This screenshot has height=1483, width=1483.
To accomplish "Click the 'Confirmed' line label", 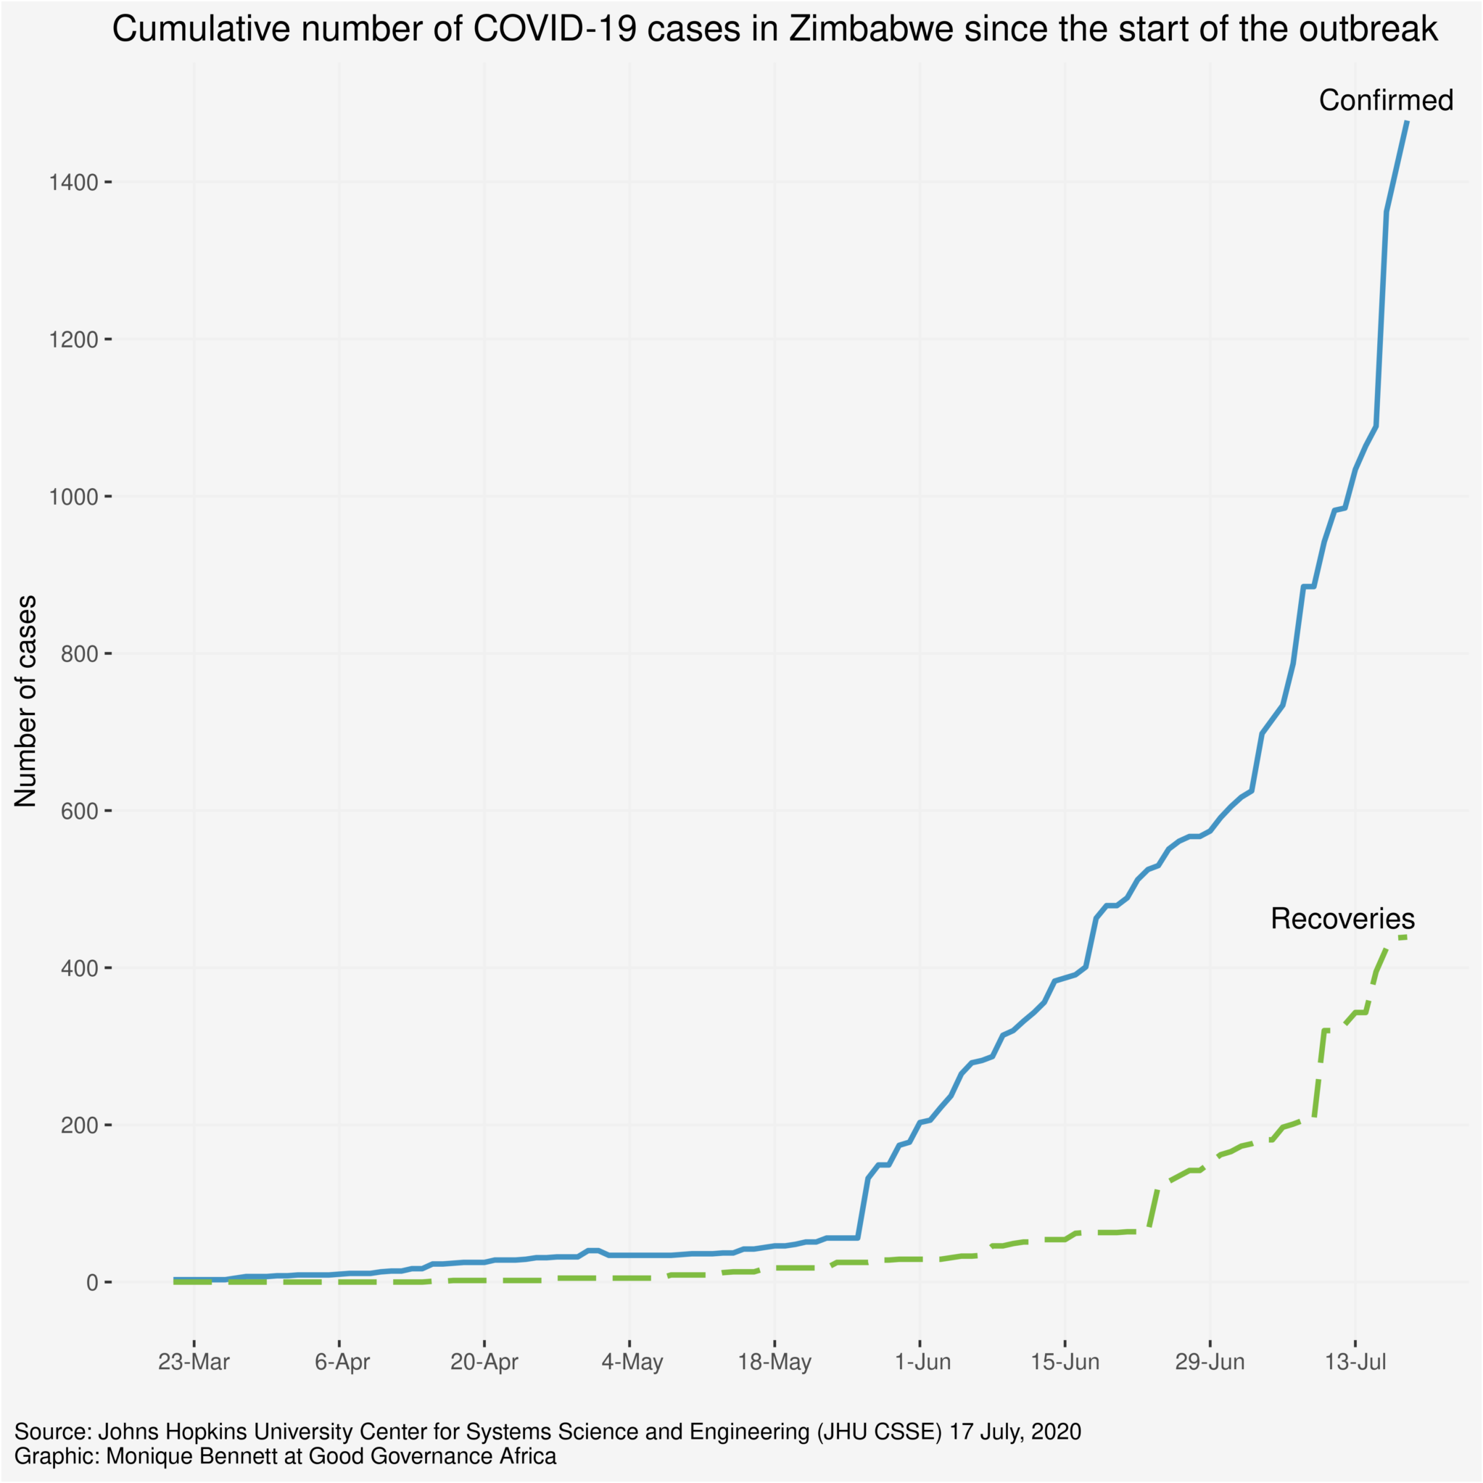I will pyautogui.click(x=1386, y=101).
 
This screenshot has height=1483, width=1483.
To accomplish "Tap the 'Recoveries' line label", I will pyautogui.click(x=1342, y=919).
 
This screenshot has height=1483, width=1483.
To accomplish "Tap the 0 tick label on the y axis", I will pyautogui.click(x=93, y=1283).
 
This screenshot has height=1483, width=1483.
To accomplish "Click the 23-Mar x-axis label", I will pyautogui.click(x=194, y=1363).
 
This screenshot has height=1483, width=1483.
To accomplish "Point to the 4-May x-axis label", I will pyautogui.click(x=632, y=1363).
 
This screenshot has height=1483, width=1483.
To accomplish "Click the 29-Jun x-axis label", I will pyautogui.click(x=1210, y=1363).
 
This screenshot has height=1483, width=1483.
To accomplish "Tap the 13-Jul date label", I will pyautogui.click(x=1355, y=1363).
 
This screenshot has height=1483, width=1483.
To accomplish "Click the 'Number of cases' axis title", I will pyautogui.click(x=26, y=701).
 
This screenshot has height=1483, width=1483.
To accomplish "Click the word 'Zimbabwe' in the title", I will pyautogui.click(x=875, y=30).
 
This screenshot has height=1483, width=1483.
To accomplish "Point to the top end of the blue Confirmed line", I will pyautogui.click(x=1406, y=121).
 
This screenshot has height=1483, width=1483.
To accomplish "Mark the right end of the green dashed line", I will pyautogui.click(x=1405, y=937).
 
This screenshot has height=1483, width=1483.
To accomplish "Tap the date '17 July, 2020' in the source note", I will pyautogui.click(x=1015, y=1432).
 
